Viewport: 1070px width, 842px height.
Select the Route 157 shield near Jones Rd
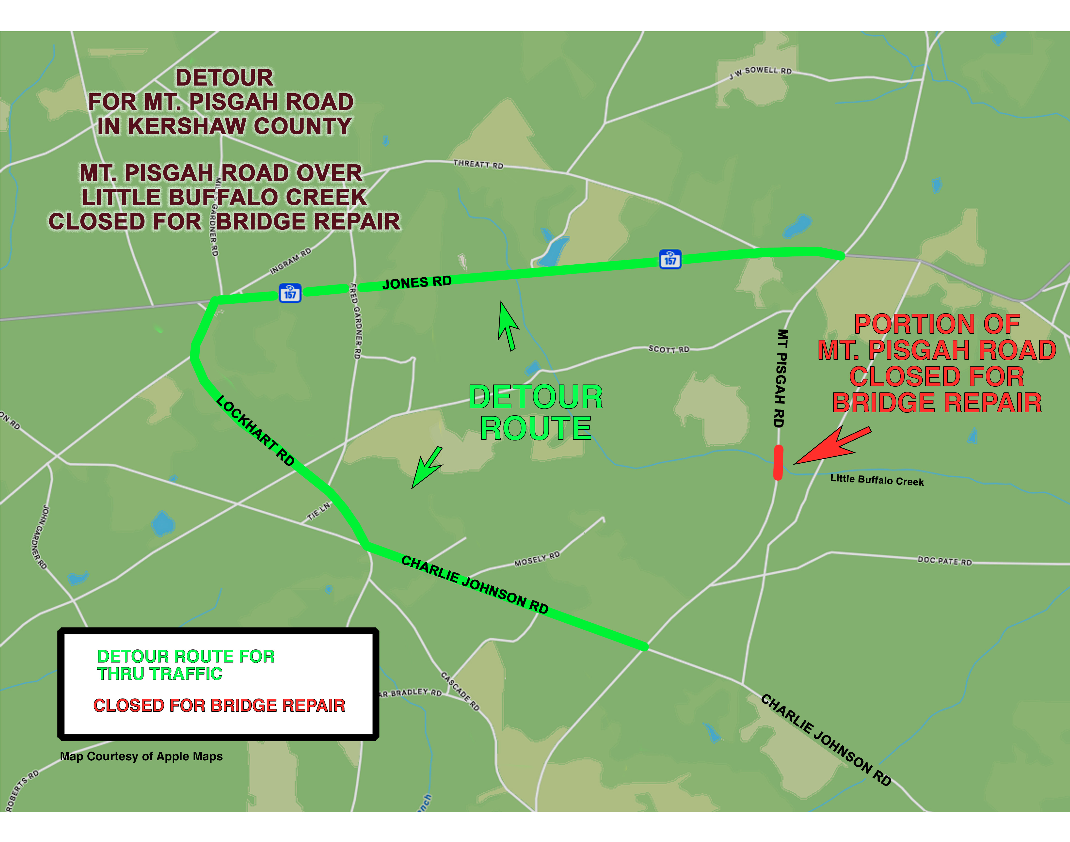click(x=290, y=293)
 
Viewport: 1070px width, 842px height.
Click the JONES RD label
click(x=417, y=282)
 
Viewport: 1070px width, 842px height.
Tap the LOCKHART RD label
click(x=255, y=430)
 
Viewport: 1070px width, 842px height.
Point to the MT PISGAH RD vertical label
click(x=780, y=378)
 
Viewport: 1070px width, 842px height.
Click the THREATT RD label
click(x=478, y=164)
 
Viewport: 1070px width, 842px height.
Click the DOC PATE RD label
click(x=944, y=561)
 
